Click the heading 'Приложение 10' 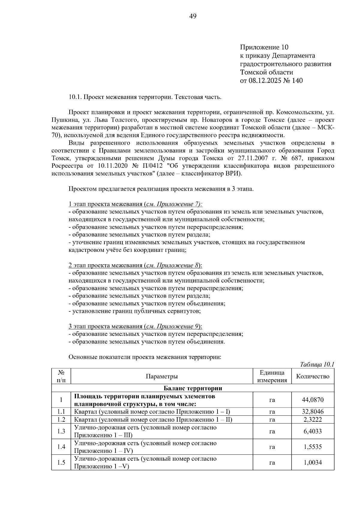pyautogui.click(x=264, y=47)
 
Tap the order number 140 pyautogui.click(x=297, y=80)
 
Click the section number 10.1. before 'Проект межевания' pyautogui.click(x=75, y=97)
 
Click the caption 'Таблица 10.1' pyautogui.click(x=317, y=364)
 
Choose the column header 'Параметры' pyautogui.click(x=162, y=376)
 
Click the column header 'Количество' pyautogui.click(x=313, y=376)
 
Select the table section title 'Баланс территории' pyautogui.click(x=193, y=388)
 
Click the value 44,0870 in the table pyautogui.click(x=313, y=400)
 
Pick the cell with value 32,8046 pyautogui.click(x=313, y=412)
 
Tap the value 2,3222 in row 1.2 pyautogui.click(x=313, y=419)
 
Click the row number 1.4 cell pyautogui.click(x=61, y=447)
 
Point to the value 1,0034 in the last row pyautogui.click(x=313, y=463)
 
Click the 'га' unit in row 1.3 pyautogui.click(x=272, y=431)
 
